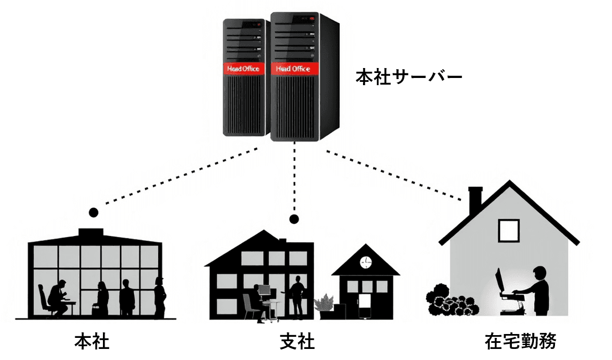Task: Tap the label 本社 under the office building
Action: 92,341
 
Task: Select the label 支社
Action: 297,341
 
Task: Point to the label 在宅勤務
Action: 520,341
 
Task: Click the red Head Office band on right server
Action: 292,69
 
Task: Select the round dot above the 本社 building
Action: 94,212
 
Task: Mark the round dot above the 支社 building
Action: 294,219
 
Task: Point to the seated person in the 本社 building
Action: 56,299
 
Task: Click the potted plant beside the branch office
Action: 324,304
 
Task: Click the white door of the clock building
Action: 365,305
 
